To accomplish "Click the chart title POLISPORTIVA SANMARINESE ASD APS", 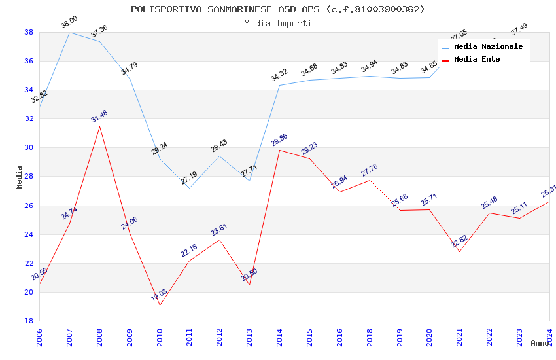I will pos(277,9).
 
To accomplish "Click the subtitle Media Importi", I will pos(277,24).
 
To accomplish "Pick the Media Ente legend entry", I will pos(477,60).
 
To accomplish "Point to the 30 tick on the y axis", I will pos(29,148).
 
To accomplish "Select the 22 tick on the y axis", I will pos(29,263).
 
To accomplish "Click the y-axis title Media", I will pos(20,177).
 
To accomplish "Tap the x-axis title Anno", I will pos(540,343).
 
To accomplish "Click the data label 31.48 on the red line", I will pos(99,117).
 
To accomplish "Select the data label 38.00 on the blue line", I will pos(69,22).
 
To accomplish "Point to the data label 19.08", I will pos(160,295).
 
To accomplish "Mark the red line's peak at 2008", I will pos(99,126).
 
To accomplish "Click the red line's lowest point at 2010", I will pos(160,305).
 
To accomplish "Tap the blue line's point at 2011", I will pos(190,188).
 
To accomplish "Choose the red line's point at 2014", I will pos(279,150).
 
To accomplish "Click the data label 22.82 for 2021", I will pos(459,242).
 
